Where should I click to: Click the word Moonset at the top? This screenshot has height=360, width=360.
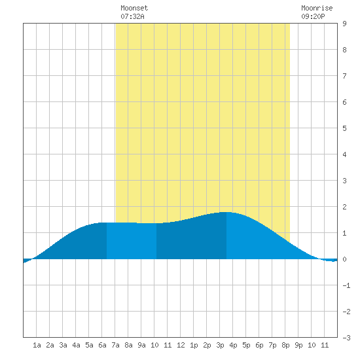[x=134, y=8]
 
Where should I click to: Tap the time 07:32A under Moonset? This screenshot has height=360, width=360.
[x=132, y=16]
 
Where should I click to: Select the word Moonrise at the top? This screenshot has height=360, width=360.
[x=317, y=8]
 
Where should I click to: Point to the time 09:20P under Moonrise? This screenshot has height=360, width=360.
[x=313, y=16]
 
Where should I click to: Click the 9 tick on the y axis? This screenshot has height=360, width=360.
[x=344, y=24]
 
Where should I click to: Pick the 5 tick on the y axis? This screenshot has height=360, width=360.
[x=344, y=128]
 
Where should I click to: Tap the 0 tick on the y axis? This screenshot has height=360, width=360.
[x=344, y=259]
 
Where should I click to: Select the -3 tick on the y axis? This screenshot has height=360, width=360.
[x=346, y=338]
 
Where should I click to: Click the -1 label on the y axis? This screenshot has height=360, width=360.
[x=346, y=285]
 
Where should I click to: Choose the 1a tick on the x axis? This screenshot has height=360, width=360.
[x=37, y=345]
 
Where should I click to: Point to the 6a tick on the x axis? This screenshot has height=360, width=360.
[x=102, y=345]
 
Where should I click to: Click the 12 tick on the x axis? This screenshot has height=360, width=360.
[x=181, y=345]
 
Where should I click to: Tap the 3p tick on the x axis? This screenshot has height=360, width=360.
[x=220, y=345]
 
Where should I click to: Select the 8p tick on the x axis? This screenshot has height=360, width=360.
[x=285, y=345]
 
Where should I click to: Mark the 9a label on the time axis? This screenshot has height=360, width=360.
[x=141, y=345]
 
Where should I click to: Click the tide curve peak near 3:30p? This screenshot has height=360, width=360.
[x=226, y=212]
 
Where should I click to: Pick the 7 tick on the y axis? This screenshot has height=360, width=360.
[x=344, y=76]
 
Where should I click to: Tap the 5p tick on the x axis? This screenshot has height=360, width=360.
[x=246, y=345]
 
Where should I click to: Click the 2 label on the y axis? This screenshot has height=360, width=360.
[x=344, y=207]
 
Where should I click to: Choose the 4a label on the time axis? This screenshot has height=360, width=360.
[x=76, y=345]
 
